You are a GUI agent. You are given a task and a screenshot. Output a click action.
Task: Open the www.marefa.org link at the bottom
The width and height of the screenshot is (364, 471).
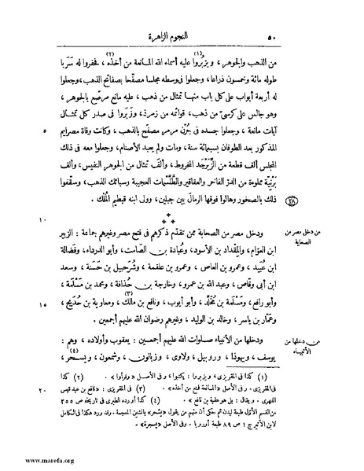[x=31, y=461]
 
